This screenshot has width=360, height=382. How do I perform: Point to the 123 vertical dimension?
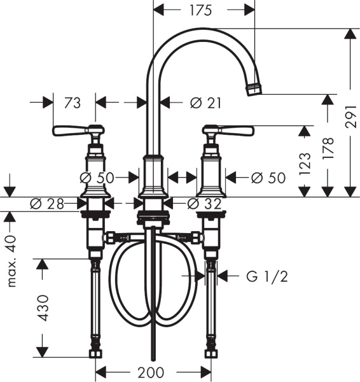(306, 164)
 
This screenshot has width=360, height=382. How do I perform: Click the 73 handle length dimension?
(72, 102)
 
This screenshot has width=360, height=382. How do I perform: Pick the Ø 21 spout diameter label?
(205, 102)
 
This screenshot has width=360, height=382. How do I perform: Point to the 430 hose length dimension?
(43, 308)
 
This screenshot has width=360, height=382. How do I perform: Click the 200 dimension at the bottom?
(151, 372)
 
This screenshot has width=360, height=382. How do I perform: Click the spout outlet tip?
(254, 90)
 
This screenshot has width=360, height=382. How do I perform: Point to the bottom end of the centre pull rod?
(151, 359)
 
